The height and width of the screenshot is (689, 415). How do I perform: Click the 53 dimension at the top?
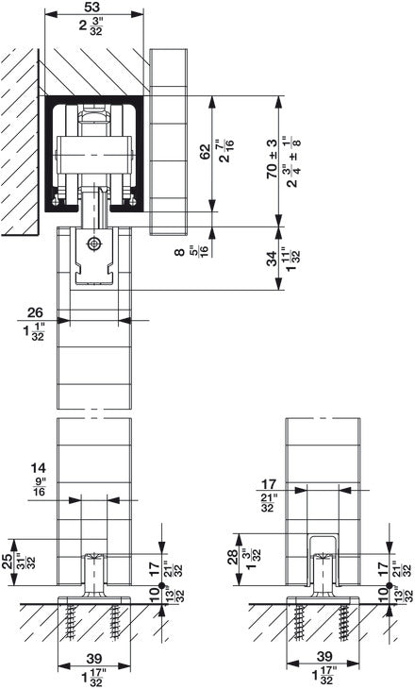pyautogui.click(x=92, y=8)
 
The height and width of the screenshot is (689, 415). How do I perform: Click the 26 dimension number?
pyautogui.click(x=35, y=312)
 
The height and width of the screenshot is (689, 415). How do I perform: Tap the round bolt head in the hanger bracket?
pyautogui.click(x=92, y=244)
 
